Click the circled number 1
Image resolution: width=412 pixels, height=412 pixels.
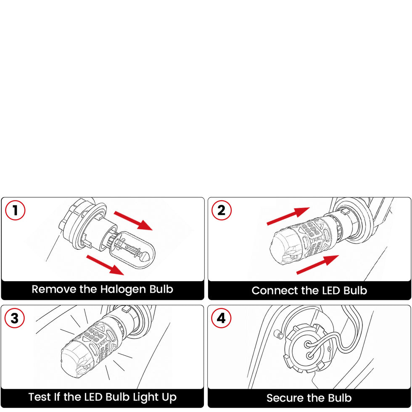point(15,211)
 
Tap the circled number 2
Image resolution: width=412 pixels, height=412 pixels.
point(222,211)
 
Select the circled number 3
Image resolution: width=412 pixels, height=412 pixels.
point(15,318)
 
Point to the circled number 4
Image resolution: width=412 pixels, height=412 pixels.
point(221,318)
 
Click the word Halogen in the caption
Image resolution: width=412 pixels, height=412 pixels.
point(123,290)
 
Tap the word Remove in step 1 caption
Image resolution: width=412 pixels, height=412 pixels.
point(54,289)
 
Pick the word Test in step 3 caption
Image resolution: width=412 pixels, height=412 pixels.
point(40,397)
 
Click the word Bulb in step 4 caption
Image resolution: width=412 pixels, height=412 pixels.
point(340,398)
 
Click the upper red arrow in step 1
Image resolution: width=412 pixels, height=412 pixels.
point(133,220)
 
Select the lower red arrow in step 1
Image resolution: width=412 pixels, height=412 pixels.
point(105,265)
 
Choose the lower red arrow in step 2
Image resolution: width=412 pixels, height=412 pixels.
point(318,264)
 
